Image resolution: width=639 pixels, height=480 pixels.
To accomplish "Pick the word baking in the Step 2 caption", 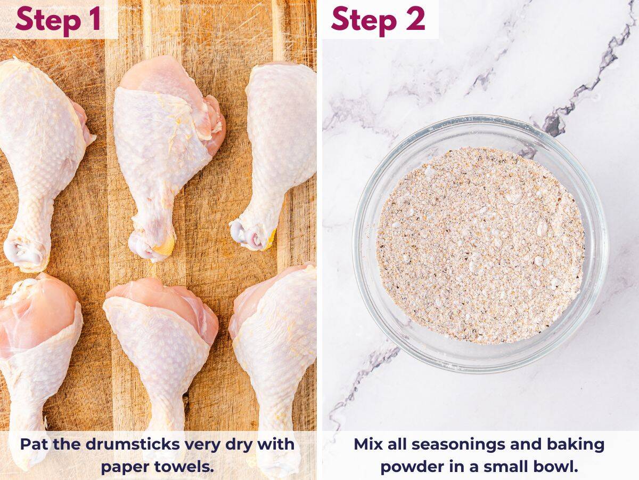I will click(x=578, y=445).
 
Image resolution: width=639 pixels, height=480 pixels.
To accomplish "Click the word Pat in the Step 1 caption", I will click(x=35, y=445).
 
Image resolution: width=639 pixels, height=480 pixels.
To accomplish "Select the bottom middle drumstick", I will click(x=160, y=341).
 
